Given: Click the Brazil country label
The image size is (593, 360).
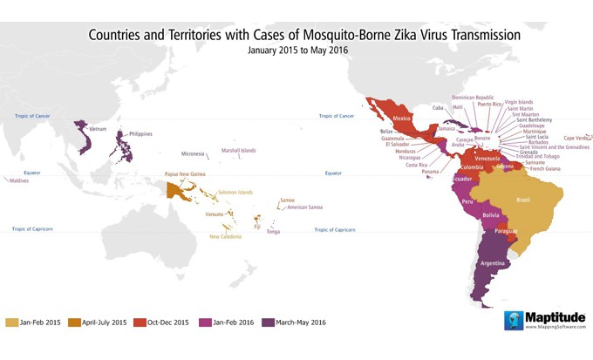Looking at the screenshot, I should [523, 200].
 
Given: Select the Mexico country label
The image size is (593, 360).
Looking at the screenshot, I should [401, 118].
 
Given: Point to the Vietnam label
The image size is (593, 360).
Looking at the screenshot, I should [98, 129].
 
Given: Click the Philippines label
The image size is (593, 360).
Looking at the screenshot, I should [140, 133].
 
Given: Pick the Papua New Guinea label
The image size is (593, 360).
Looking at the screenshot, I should [184, 174].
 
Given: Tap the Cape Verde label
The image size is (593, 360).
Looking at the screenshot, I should [576, 138].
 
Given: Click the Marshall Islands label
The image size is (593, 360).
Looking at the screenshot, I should [238, 151].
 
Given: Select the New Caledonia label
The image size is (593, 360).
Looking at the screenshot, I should [227, 236].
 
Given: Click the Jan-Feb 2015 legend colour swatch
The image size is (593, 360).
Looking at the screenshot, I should [11, 321].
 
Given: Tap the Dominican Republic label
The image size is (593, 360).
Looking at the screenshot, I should [474, 98].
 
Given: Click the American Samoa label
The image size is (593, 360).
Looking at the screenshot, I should [304, 207].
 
